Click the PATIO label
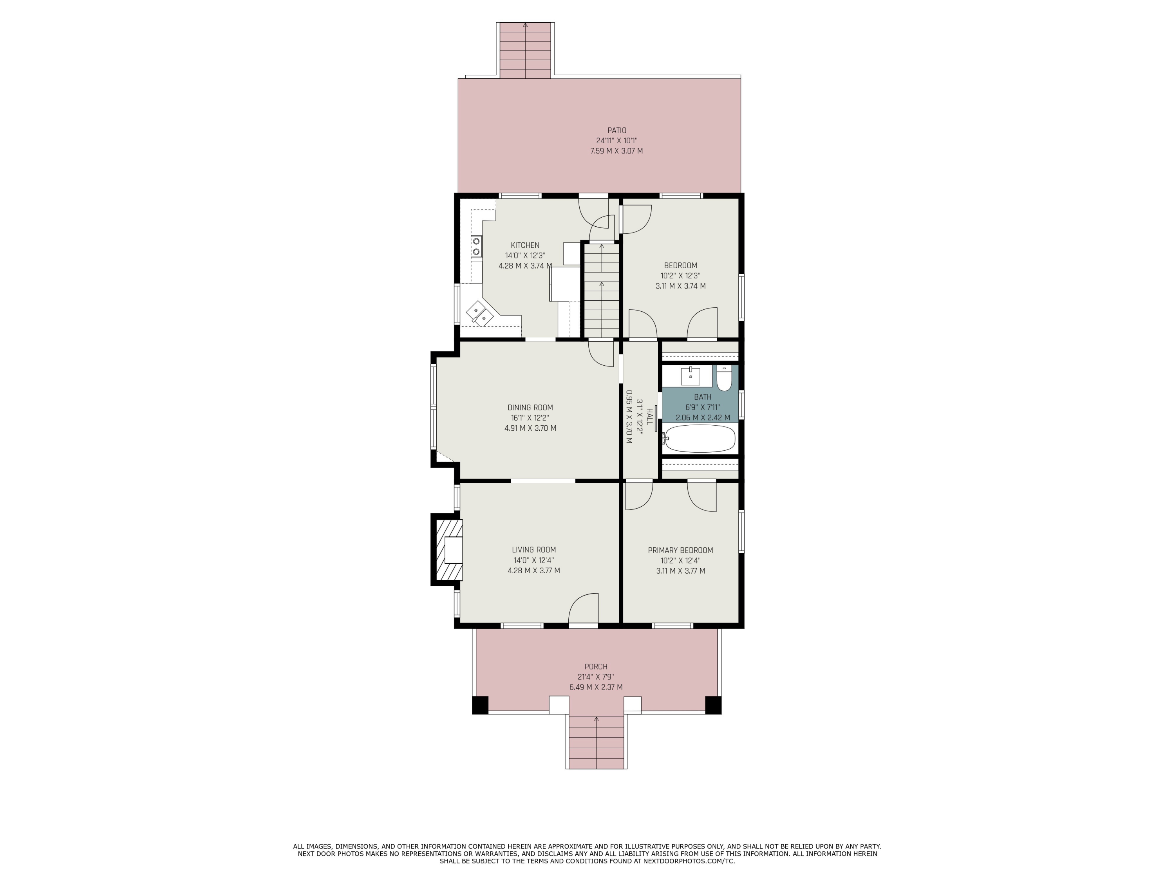coord(617,130)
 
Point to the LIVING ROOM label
coord(534,550)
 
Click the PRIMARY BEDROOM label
coord(680,551)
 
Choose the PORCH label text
coord(596,667)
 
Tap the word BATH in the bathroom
coord(702,397)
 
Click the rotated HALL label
coord(649,416)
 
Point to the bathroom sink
coord(690,376)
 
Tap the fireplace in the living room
coord(447,550)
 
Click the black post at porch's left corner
coord(480,705)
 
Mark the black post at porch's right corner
coord(713,705)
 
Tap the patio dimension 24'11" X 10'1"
coord(617,141)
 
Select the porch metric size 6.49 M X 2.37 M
coord(596,687)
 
